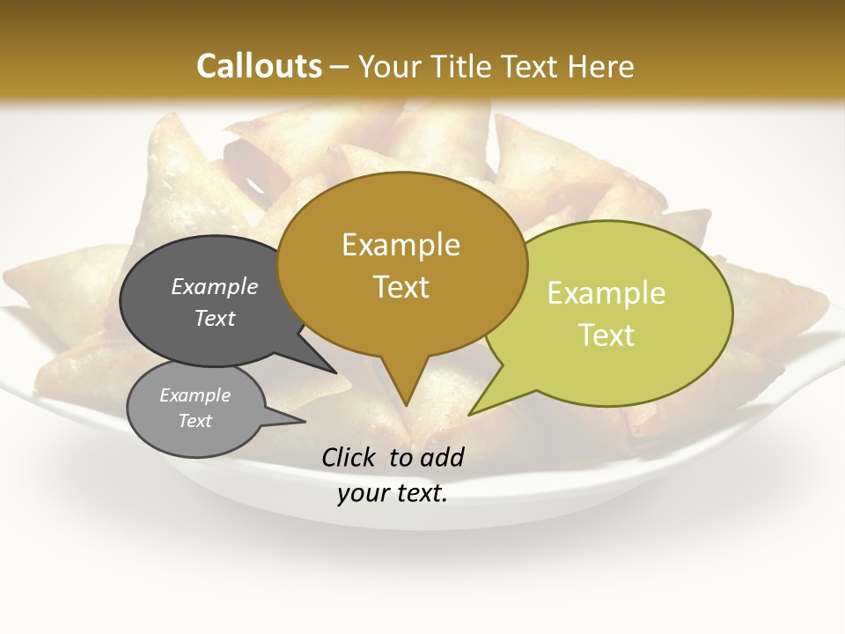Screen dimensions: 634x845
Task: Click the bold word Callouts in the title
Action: pos(259,66)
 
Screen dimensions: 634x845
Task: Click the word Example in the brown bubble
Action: pos(400,245)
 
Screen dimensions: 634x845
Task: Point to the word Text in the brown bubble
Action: pos(401,287)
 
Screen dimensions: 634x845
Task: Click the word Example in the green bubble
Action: pos(606,293)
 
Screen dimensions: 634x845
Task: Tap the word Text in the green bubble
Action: pos(607,335)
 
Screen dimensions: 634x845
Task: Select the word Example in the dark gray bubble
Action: pos(215,286)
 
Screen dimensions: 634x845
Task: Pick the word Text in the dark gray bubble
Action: pos(215,318)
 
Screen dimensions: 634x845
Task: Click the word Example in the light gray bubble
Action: pos(195,395)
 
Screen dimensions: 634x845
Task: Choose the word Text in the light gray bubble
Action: pos(195,421)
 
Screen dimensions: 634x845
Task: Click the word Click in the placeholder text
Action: pos(349,457)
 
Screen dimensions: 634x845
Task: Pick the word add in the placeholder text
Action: pos(443,457)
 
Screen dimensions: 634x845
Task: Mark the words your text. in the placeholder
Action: pos(393,493)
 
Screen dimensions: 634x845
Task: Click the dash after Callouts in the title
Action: pos(340,66)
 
